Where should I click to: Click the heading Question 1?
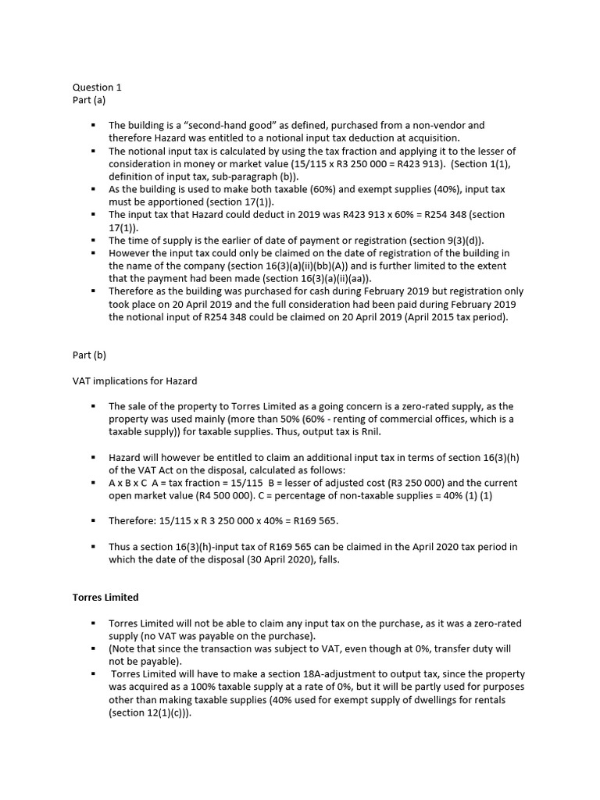[x=97, y=87]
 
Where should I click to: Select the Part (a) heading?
[x=88, y=100]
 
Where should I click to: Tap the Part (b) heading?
[x=88, y=355]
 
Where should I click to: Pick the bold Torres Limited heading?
[x=105, y=597]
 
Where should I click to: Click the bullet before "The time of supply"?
[x=92, y=240]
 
